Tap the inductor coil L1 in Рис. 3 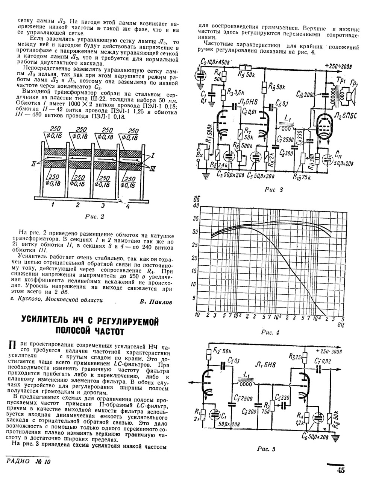[288, 129]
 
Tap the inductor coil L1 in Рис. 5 [247, 383]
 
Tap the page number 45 [341, 470]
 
